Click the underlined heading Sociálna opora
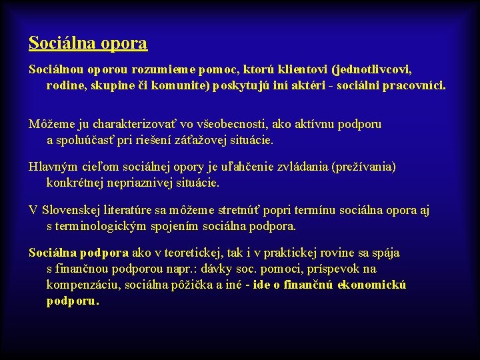[88, 43]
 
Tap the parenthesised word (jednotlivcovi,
[373, 69]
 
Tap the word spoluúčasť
[89, 141]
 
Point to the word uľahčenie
[225, 167]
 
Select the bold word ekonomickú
[371, 285]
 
